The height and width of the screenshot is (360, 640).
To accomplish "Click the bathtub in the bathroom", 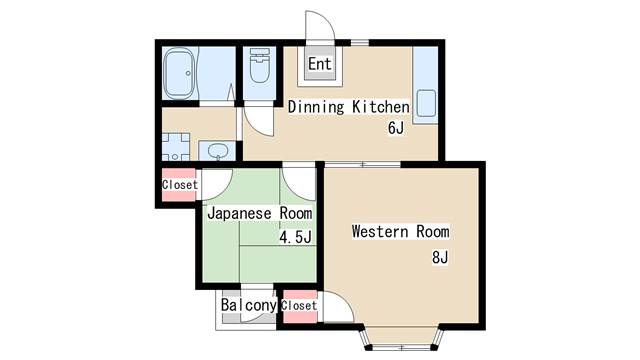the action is (179, 74).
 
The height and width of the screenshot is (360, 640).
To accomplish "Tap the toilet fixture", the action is (260, 66).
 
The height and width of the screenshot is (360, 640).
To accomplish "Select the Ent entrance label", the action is (320, 64).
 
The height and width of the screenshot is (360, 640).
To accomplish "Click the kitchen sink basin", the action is (426, 104).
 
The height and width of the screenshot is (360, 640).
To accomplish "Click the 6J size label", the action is (396, 128).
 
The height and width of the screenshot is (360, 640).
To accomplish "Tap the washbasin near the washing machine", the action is (218, 151).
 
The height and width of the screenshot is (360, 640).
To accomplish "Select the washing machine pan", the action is (176, 147).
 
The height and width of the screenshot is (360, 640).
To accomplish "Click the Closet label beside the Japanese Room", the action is (180, 185).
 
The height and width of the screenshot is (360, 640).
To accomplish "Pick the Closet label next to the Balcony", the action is (299, 306).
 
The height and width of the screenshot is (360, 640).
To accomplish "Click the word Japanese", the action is (240, 213).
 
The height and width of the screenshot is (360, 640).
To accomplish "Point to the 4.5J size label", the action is (296, 237).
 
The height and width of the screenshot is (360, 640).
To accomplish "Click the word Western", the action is (380, 231).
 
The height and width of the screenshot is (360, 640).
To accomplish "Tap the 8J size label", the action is (440, 258).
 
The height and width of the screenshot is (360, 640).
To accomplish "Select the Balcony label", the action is (249, 305).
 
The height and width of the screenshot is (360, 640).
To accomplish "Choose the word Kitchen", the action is (380, 107).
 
